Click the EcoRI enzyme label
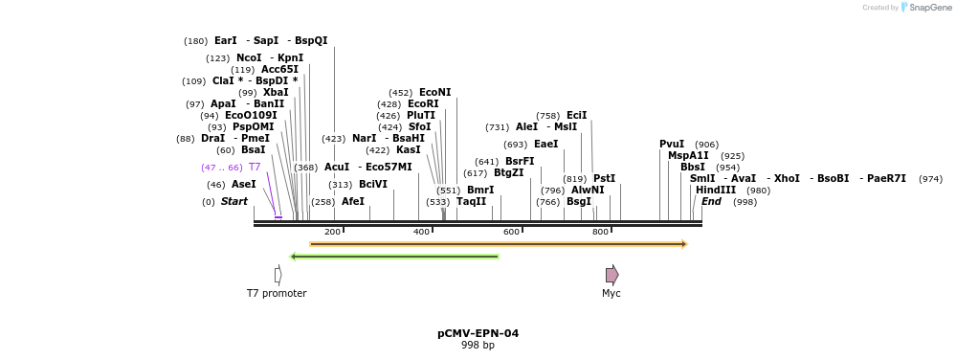pos(423,103)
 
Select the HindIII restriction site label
pos(716,190)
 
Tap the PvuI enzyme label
pos(672,144)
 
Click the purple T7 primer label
pos(255,167)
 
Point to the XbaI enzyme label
pos(276,92)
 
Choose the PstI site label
pos(604,178)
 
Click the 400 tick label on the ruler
pos(421,232)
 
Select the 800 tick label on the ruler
pos(601,232)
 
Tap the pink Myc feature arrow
pos(611,275)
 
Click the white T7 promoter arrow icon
pos(278,275)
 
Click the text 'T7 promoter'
pos(277,293)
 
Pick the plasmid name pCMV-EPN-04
pos(478,333)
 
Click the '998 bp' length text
pos(478,345)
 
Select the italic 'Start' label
pos(234,201)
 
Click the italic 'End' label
pos(711,201)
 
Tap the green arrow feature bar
pos(394,257)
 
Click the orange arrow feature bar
pos(498,244)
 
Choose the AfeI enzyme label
pos(353,201)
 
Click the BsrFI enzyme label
pos(520,161)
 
